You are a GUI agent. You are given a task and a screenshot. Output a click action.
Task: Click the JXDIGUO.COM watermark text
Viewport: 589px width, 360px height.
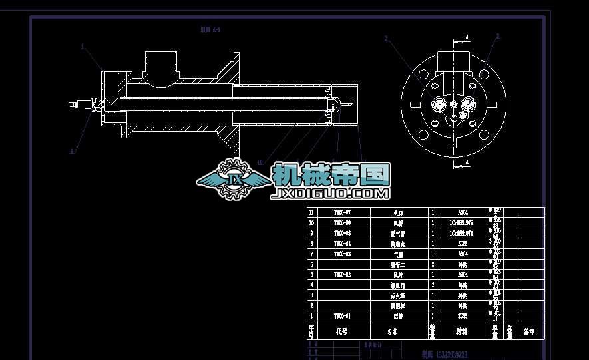331,194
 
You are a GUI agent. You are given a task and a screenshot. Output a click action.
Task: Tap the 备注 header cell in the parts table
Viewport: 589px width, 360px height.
530,331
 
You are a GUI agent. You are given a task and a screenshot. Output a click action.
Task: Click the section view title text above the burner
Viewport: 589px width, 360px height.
210,30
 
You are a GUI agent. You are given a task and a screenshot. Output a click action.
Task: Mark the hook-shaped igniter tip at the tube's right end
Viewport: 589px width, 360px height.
347,103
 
